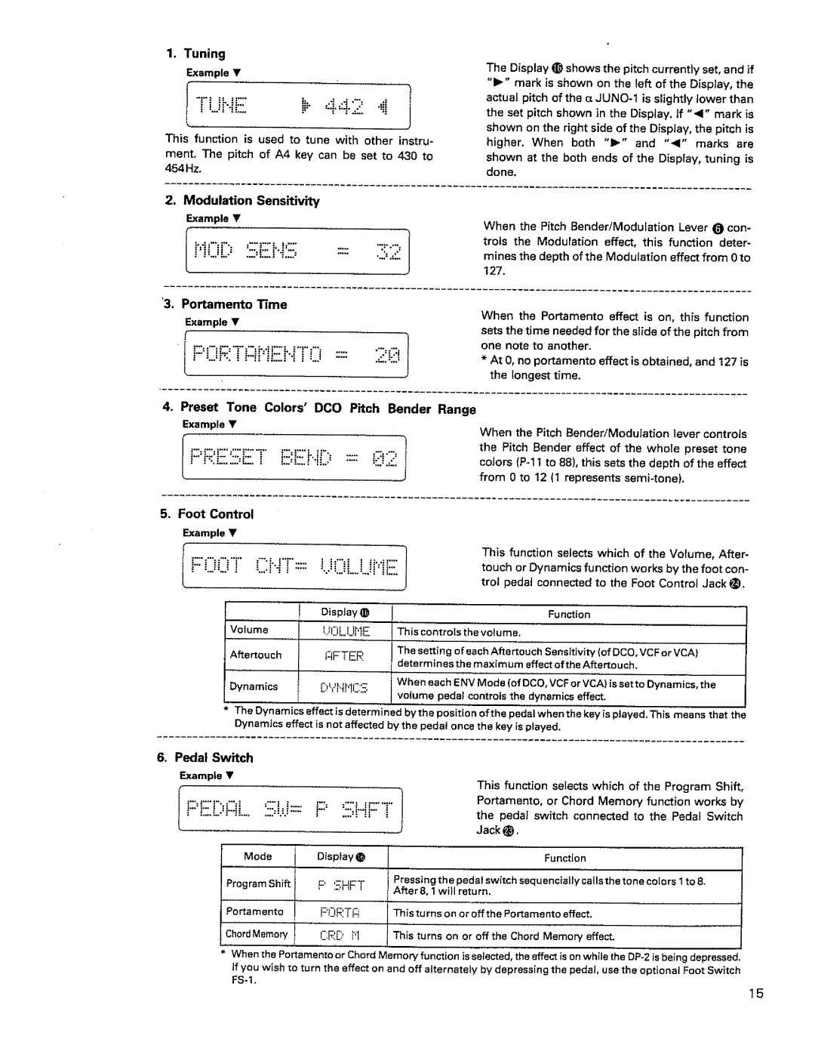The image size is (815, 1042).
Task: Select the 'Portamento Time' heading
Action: (x=234, y=304)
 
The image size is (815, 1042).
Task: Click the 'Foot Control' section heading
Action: (x=216, y=514)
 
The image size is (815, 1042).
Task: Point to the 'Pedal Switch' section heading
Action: (x=214, y=757)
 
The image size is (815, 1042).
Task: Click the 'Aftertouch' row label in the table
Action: (x=256, y=655)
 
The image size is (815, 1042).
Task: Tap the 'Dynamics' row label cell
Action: (x=254, y=686)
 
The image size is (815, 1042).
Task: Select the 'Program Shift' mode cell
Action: (x=258, y=883)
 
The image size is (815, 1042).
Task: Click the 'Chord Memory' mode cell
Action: (x=257, y=935)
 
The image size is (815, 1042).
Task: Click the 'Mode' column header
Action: (x=257, y=856)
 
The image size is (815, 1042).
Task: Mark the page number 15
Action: (x=756, y=994)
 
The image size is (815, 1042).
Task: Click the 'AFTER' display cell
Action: (x=344, y=656)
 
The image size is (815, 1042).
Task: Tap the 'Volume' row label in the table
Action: (x=249, y=630)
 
